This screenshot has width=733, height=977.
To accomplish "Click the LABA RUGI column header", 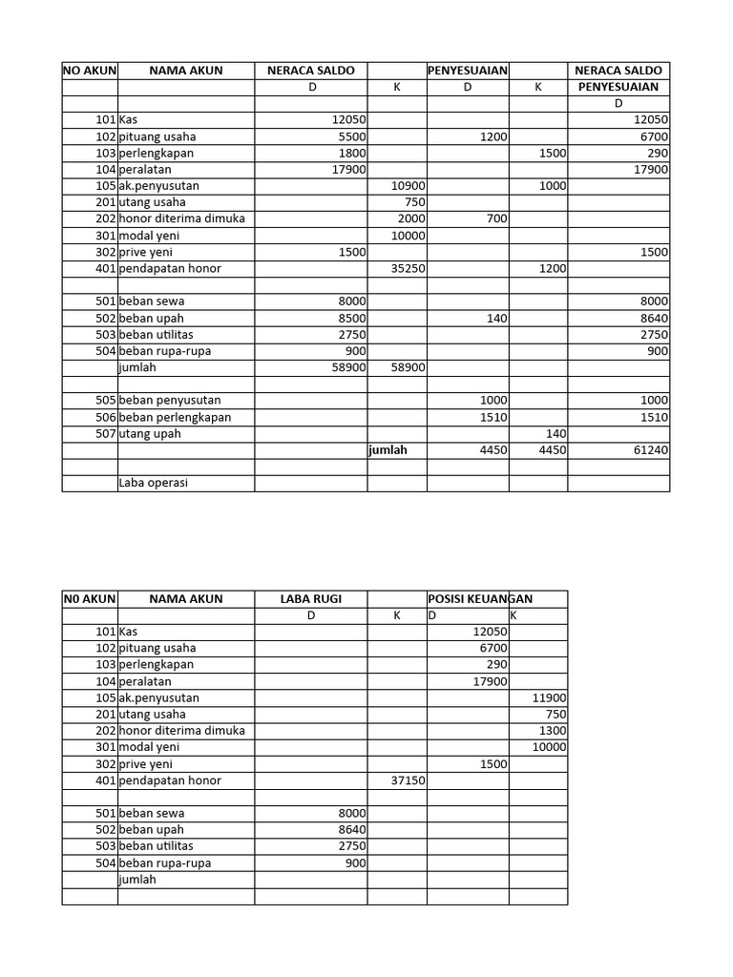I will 310,598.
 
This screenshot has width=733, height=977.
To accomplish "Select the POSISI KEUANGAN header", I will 480,598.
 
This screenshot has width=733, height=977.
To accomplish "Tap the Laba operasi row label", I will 154,483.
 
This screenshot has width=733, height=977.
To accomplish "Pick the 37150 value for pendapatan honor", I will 408,780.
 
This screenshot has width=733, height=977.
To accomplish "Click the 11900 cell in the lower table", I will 550,697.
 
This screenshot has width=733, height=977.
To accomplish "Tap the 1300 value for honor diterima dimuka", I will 552,731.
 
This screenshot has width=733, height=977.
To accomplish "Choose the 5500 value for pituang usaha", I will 348,136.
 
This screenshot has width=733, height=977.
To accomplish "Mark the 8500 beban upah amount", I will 348,318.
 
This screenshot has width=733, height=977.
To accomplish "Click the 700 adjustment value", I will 496,218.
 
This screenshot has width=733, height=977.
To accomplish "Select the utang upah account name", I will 150,433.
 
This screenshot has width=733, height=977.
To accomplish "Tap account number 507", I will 105,433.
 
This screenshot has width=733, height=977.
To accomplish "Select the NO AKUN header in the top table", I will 89,71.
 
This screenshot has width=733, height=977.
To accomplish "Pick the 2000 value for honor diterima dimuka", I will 410,218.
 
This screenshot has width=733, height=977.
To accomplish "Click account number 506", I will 105,417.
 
